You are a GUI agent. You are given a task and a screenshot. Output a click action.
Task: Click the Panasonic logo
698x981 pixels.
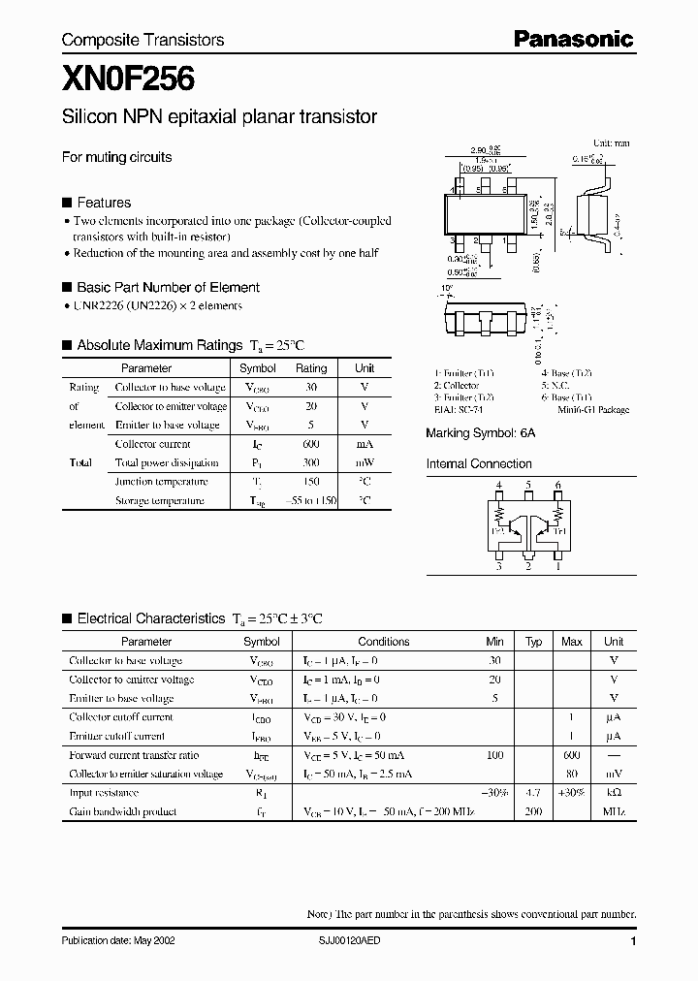pyautogui.click(x=572, y=39)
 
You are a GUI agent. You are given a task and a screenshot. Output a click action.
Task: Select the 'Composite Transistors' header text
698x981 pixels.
pyautogui.click(x=143, y=40)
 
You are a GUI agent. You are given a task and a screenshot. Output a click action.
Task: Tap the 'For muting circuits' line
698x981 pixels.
pyautogui.click(x=116, y=157)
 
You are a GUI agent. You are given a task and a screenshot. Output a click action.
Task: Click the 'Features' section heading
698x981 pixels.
pyautogui.click(x=103, y=203)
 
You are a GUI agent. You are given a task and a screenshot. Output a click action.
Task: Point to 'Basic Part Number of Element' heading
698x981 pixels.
pyautogui.click(x=168, y=287)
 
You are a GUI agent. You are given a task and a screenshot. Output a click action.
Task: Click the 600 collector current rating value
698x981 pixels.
pyautogui.click(x=311, y=444)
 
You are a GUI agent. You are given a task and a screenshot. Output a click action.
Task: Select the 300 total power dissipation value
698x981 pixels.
pyautogui.click(x=311, y=462)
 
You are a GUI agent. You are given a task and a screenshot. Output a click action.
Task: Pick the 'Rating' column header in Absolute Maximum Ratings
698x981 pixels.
pyautogui.click(x=311, y=368)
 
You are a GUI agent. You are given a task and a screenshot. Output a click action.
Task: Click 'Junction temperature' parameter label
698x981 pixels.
pyautogui.click(x=161, y=482)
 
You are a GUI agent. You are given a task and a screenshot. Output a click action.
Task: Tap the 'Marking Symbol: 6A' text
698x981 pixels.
pyautogui.click(x=480, y=435)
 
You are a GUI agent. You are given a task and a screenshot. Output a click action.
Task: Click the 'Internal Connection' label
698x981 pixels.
pyautogui.click(x=479, y=464)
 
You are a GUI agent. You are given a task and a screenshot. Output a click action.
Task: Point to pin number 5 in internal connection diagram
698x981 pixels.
pyautogui.click(x=529, y=485)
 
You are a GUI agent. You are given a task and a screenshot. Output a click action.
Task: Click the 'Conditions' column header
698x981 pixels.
pyautogui.click(x=384, y=642)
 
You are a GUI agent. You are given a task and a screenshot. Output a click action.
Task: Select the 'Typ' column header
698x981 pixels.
pyautogui.click(x=533, y=642)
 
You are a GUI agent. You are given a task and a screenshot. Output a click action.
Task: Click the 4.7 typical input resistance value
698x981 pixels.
pyautogui.click(x=533, y=793)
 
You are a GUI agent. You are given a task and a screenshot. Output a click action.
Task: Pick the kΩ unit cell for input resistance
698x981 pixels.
pyautogui.click(x=614, y=793)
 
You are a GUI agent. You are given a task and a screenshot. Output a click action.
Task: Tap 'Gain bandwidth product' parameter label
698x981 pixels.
pyautogui.click(x=122, y=811)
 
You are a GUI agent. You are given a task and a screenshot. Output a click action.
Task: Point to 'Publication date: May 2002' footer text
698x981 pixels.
pyautogui.click(x=118, y=941)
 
